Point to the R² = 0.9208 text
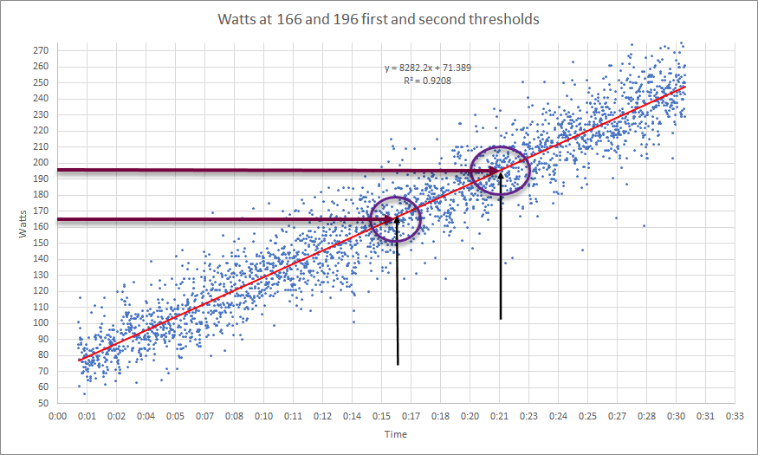click(x=427, y=80)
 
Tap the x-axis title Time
click(x=396, y=434)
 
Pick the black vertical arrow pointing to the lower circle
click(x=398, y=295)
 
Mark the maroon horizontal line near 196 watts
click(x=260, y=171)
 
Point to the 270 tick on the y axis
click(x=41, y=50)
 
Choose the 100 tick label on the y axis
click(x=41, y=323)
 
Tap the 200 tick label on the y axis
click(x=41, y=163)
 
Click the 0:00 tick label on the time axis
click(x=58, y=416)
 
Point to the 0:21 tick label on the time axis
click(x=500, y=416)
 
